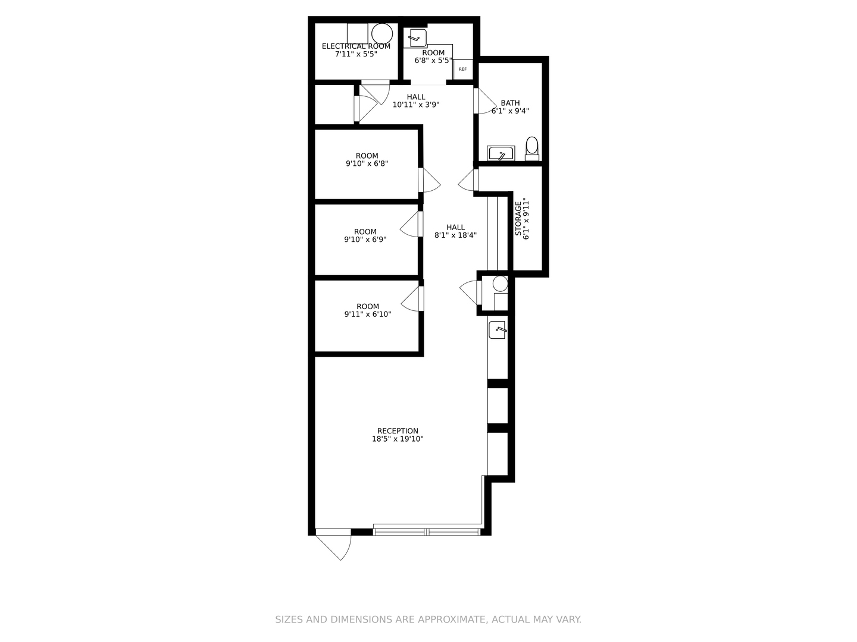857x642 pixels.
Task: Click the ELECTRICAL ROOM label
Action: (356, 46)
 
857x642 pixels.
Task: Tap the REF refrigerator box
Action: (463, 70)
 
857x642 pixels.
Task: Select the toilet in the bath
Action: (532, 147)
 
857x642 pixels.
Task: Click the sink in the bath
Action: (500, 153)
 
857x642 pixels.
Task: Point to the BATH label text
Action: (510, 103)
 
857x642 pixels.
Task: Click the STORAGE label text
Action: (518, 218)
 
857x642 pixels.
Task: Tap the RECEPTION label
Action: (398, 431)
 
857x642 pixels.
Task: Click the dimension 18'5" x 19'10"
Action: (398, 439)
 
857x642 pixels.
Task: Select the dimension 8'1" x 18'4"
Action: (455, 235)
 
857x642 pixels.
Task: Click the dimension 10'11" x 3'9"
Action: (416, 105)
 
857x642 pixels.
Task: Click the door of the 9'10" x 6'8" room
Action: (429, 180)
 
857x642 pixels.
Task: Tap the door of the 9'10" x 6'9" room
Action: (411, 225)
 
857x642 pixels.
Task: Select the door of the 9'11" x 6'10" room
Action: (412, 299)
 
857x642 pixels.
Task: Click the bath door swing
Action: (484, 102)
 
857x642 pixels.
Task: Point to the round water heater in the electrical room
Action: (381, 32)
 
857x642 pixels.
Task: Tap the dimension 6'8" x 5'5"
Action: (433, 61)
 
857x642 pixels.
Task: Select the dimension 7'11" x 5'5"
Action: (356, 54)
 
